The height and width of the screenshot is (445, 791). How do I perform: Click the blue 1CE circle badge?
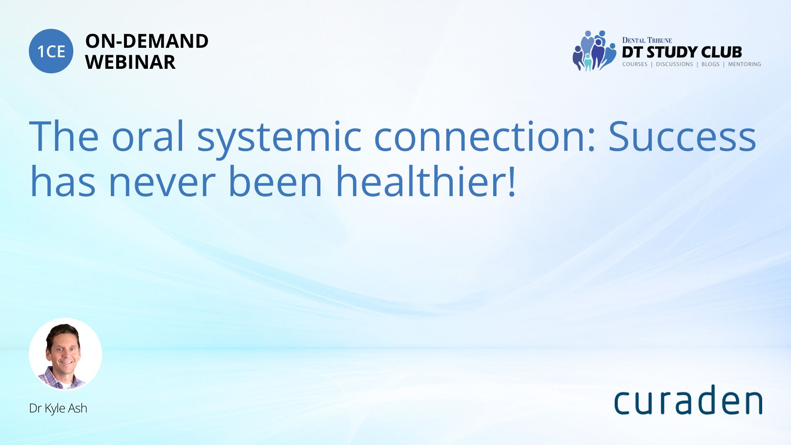click(51, 51)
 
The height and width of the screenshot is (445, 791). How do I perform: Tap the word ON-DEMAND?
click(147, 41)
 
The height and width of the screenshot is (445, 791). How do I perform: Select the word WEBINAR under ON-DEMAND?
click(130, 62)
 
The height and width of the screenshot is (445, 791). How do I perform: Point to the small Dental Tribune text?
click(647, 40)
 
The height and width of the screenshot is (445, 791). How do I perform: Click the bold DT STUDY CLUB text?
click(682, 52)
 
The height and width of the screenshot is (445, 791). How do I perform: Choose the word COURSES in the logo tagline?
click(634, 64)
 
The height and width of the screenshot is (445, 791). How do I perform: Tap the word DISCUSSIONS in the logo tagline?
click(674, 64)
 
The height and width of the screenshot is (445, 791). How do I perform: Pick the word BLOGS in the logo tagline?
click(710, 64)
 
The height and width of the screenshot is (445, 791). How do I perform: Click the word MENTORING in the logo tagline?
click(744, 64)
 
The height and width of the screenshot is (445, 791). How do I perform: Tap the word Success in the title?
click(682, 136)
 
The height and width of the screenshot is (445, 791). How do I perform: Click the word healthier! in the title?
click(426, 181)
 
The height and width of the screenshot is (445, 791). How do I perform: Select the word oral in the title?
click(148, 136)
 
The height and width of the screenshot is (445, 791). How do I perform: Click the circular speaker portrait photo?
click(66, 354)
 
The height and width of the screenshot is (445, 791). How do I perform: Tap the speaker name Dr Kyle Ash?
click(58, 408)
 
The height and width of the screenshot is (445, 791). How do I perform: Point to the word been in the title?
click(275, 181)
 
